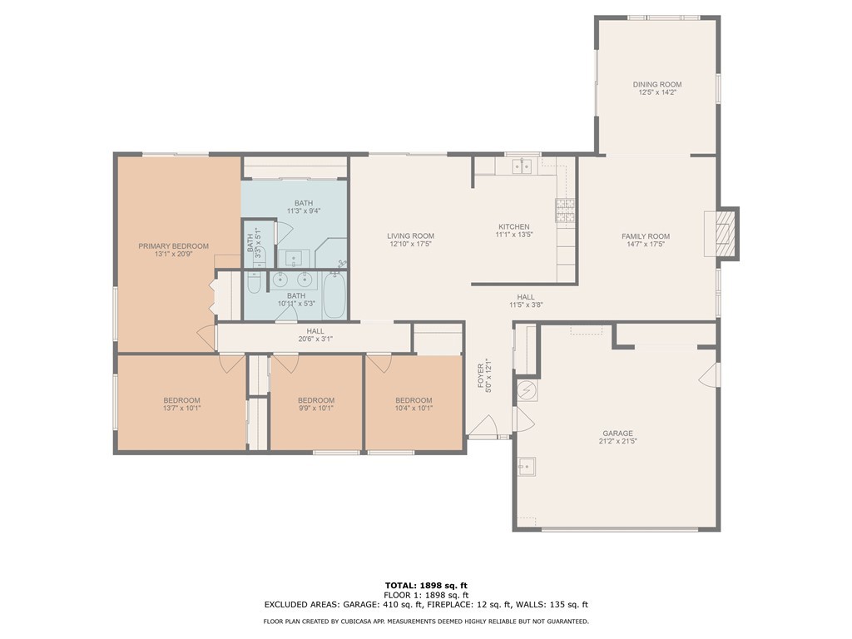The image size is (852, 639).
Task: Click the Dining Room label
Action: point(657,84)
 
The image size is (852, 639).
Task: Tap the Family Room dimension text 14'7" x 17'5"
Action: point(646,244)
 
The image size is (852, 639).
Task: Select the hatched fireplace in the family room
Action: point(725,234)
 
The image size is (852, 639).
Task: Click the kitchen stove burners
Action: point(565,211)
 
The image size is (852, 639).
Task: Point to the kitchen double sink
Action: point(523,166)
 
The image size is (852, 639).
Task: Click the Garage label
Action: point(617,433)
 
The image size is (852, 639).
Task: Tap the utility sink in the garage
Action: point(526,466)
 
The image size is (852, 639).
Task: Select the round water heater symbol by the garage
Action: point(526,390)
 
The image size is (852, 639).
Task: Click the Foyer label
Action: point(481,376)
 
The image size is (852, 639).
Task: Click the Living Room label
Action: point(410,235)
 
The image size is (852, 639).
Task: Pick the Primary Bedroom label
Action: point(173,246)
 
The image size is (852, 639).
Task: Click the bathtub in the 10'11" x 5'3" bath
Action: point(334,295)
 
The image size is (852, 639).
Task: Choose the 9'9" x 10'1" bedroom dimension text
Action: point(315,408)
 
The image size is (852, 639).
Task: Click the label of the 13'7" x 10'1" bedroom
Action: point(181,400)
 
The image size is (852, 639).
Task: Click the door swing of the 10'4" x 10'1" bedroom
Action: point(379,363)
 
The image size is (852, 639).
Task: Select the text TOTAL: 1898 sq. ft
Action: point(426,585)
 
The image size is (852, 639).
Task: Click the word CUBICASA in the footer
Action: point(359,621)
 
